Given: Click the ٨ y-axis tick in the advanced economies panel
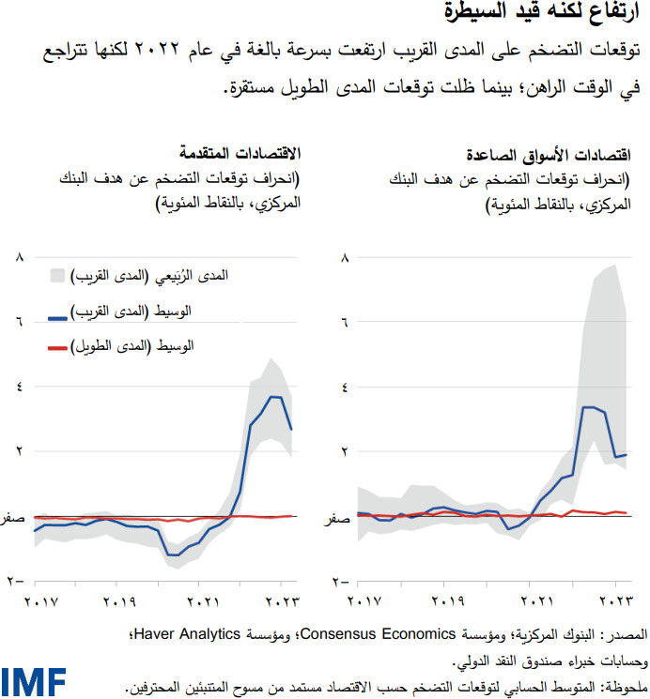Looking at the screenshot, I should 17,256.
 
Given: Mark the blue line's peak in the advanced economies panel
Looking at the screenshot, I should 275,397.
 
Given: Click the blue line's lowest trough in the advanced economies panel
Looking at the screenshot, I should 172,555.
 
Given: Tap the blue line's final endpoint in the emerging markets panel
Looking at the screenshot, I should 627,454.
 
